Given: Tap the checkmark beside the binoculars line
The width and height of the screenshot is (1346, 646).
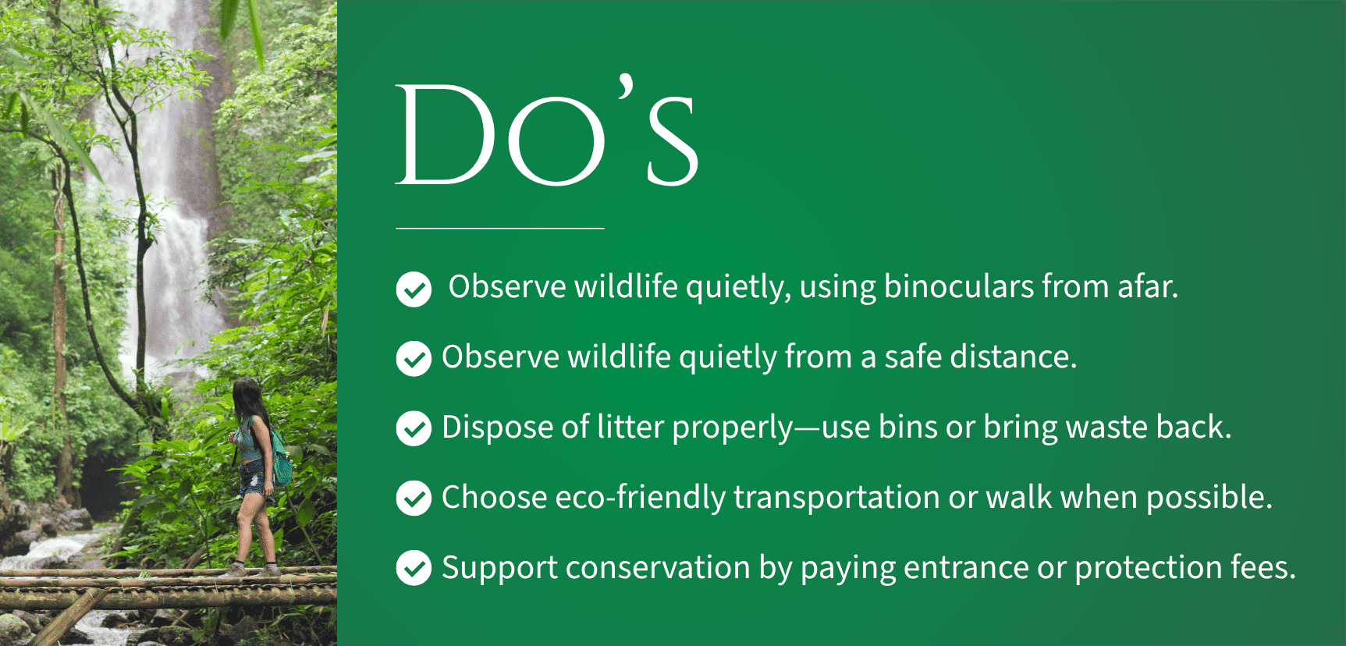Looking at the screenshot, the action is click(x=414, y=289).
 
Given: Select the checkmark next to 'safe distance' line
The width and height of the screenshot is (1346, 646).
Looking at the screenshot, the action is click(x=414, y=359).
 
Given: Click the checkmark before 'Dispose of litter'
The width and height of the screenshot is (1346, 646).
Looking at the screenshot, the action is click(x=414, y=429).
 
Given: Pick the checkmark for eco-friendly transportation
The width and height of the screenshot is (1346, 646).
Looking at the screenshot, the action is click(x=414, y=499).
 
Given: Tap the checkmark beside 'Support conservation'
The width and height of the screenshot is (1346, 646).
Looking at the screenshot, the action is click(x=414, y=568).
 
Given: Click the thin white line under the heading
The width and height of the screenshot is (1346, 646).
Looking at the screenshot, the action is click(x=500, y=228).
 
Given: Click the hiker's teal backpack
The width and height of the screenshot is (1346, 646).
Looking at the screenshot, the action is click(x=281, y=458).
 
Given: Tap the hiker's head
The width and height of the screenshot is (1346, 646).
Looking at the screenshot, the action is click(x=247, y=394).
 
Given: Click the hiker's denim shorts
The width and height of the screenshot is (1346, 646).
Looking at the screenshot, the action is click(x=254, y=477).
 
